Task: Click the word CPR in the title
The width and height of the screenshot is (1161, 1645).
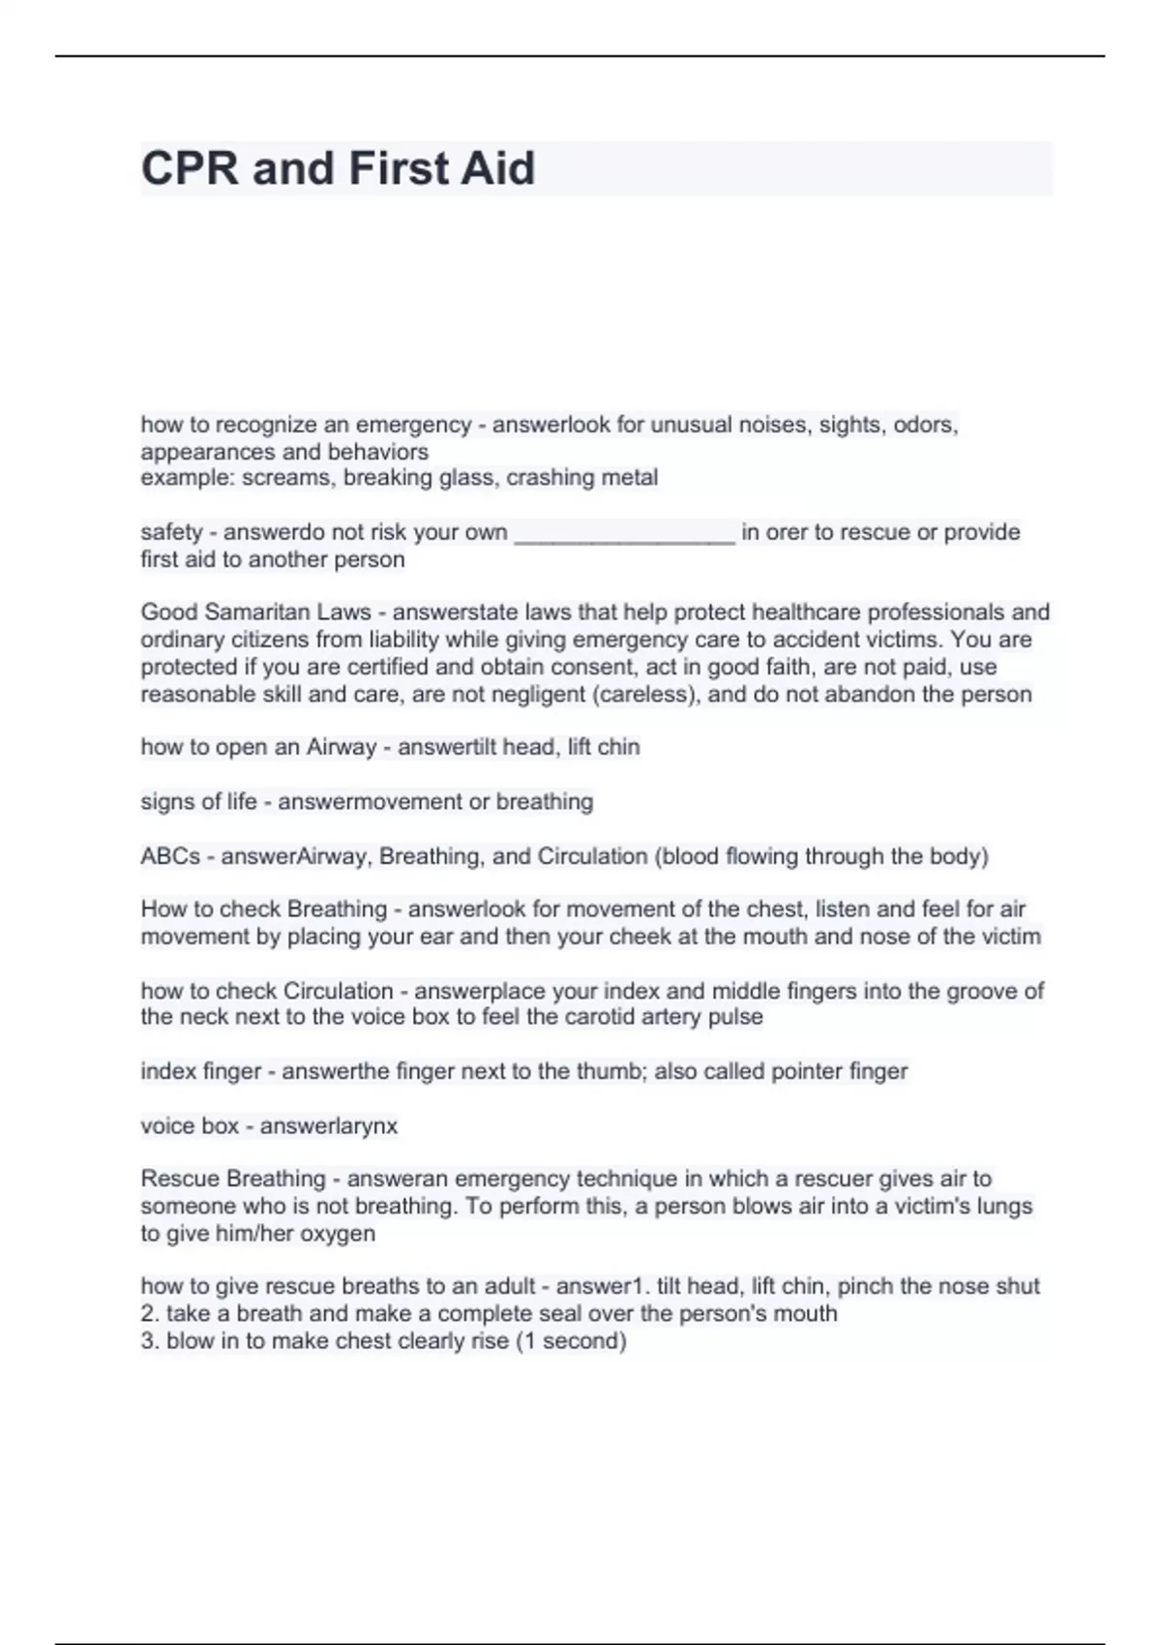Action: pyautogui.click(x=190, y=168)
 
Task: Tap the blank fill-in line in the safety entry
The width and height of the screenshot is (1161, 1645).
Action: pyautogui.click(x=624, y=533)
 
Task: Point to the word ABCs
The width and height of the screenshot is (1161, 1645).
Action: pyautogui.click(x=170, y=856)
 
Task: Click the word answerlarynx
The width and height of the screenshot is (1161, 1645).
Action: pyautogui.click(x=329, y=1126)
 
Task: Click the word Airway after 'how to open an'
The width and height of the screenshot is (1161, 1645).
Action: pyautogui.click(x=341, y=747)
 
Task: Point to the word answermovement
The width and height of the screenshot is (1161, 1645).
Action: pyautogui.click(x=369, y=802)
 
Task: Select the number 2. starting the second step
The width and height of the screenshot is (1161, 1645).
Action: pyautogui.click(x=150, y=1314)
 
